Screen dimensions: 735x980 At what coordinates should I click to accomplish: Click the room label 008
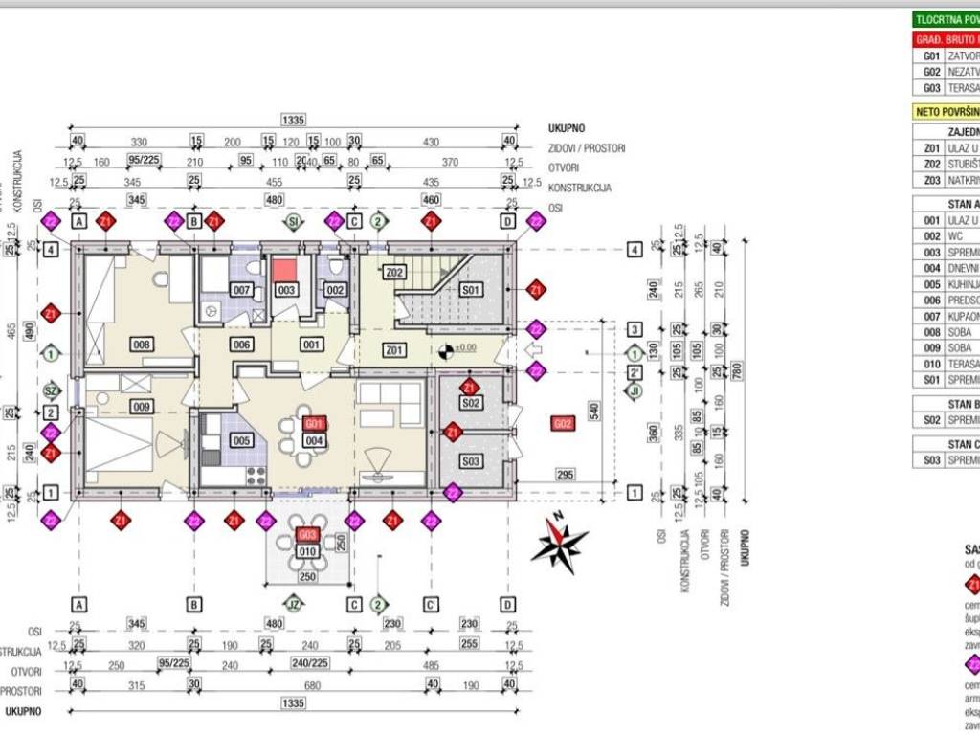pyautogui.click(x=143, y=344)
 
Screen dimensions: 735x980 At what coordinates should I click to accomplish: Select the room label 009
pyautogui.click(x=143, y=407)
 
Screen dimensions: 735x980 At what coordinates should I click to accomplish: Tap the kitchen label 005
pyautogui.click(x=241, y=441)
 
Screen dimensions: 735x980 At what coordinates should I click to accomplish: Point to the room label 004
pyautogui.click(x=313, y=440)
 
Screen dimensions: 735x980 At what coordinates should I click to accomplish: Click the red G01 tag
pyautogui.click(x=313, y=423)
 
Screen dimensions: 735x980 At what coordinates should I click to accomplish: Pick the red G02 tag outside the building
pyautogui.click(x=563, y=423)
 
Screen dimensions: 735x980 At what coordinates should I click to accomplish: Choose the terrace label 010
pyautogui.click(x=307, y=551)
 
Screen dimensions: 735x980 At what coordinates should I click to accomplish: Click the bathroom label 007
pyautogui.click(x=241, y=289)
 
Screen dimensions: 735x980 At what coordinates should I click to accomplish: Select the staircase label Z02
pyautogui.click(x=394, y=273)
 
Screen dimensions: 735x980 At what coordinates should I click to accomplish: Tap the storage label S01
pyautogui.click(x=471, y=289)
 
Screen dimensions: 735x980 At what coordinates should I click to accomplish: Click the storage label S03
pyautogui.click(x=470, y=461)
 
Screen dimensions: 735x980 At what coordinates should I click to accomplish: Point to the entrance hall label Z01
pyautogui.click(x=394, y=350)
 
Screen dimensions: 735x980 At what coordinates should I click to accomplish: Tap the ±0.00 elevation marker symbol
pyautogui.click(x=444, y=350)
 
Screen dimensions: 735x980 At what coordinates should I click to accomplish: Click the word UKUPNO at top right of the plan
pyautogui.click(x=567, y=127)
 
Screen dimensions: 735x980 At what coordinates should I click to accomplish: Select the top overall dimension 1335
pyautogui.click(x=293, y=120)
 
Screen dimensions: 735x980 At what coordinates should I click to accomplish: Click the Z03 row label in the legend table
pyautogui.click(x=931, y=180)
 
